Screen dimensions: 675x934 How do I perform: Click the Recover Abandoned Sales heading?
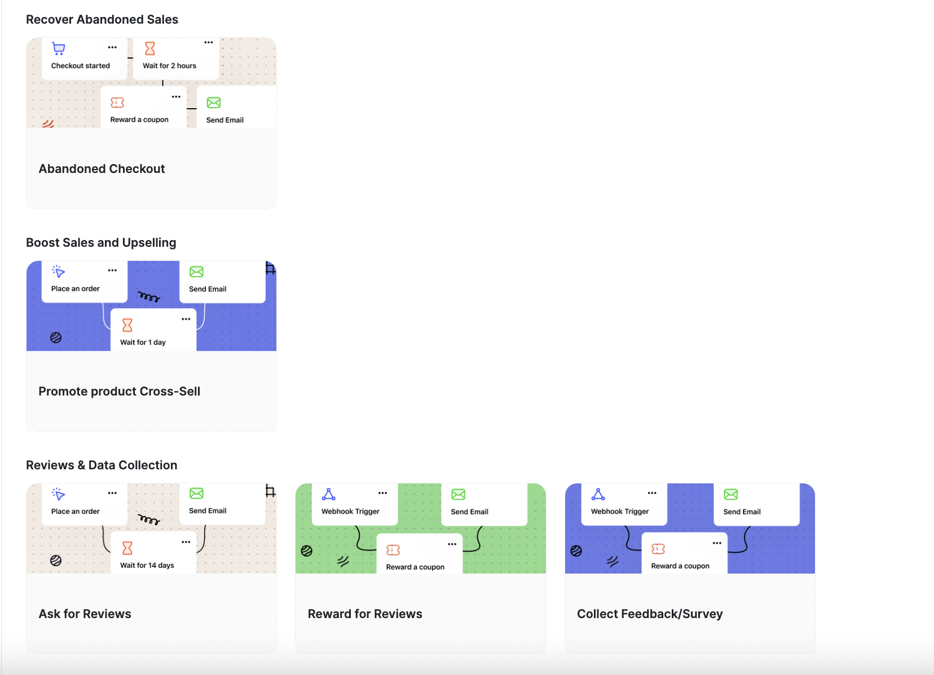click(102, 20)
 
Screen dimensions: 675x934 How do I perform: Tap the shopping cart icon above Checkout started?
click(59, 48)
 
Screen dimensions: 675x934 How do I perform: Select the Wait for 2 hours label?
click(169, 66)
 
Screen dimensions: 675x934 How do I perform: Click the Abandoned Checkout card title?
click(102, 169)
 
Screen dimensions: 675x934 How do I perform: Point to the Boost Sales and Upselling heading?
click(101, 243)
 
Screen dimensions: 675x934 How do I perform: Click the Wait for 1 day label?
click(143, 343)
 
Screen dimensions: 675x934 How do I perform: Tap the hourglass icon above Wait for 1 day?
click(127, 325)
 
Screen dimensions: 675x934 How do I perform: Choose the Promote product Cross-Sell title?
click(119, 392)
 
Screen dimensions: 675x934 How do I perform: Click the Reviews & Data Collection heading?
click(102, 465)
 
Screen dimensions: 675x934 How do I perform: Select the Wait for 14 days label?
click(147, 566)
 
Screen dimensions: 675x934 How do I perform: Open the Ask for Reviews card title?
click(85, 614)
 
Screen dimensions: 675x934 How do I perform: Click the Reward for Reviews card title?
click(365, 614)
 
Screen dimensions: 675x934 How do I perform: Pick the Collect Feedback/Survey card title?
click(650, 614)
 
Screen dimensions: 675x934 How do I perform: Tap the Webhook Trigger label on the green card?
click(350, 512)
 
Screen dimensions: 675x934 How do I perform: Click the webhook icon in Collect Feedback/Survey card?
click(598, 495)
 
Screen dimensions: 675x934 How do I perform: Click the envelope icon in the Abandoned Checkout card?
click(214, 103)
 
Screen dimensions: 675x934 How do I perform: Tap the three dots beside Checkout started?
click(113, 47)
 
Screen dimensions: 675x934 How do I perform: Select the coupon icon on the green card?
click(393, 550)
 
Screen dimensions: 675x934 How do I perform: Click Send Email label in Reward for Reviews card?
click(469, 512)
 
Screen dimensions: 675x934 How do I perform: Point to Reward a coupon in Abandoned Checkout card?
click(139, 120)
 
